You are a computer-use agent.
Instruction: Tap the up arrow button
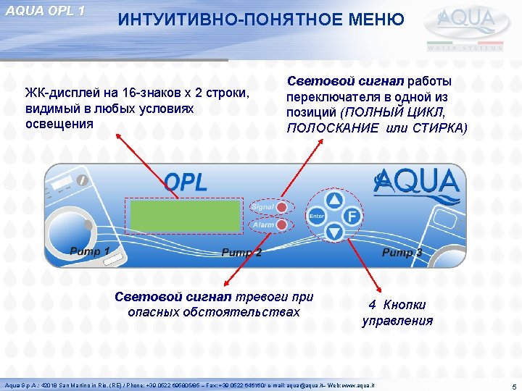coord(333,199)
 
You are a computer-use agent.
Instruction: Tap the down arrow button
coord(333,232)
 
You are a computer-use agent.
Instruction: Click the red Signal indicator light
coord(281,207)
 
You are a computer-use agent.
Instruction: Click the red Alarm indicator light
coord(281,225)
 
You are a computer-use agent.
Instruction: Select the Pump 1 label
coord(90,251)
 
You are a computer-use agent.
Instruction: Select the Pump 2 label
coord(241,252)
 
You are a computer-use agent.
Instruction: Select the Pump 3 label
coord(402,252)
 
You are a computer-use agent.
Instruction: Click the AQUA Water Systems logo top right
coord(469,27)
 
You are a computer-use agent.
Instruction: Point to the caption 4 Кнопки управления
coord(397,313)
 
